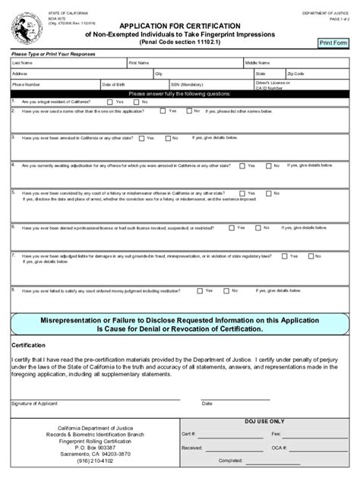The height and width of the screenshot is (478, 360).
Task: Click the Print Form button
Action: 333,43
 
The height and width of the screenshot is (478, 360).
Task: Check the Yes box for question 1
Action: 111,102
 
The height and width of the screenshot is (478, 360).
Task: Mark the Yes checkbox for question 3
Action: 141,138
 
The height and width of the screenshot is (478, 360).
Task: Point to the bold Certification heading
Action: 29,345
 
